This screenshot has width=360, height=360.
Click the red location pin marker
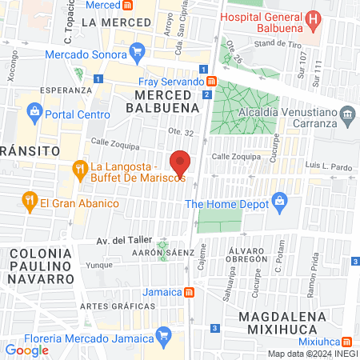click(181, 162)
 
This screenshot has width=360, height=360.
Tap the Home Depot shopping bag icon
click(279, 199)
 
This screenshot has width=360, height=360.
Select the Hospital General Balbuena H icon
click(314, 18)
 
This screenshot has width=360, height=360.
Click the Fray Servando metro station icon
click(211, 81)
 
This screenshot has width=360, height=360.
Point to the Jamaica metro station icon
click(187, 292)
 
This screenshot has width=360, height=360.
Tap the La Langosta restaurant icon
click(79, 169)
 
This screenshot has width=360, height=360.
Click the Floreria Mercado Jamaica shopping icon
click(163, 334)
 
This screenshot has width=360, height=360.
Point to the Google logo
click(26, 350)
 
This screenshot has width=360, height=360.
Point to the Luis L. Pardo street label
click(334, 166)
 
